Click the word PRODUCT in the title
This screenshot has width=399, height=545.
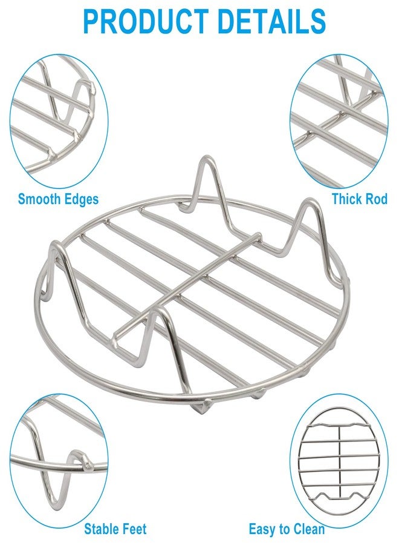tap(146, 21)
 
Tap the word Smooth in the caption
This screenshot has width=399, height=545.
tap(38, 199)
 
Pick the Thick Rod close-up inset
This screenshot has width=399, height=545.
tap(339, 121)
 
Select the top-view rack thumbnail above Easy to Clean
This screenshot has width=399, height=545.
tap(339, 461)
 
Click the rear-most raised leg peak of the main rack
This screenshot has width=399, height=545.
tap(207, 158)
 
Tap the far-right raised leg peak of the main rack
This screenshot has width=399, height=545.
tap(309, 201)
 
